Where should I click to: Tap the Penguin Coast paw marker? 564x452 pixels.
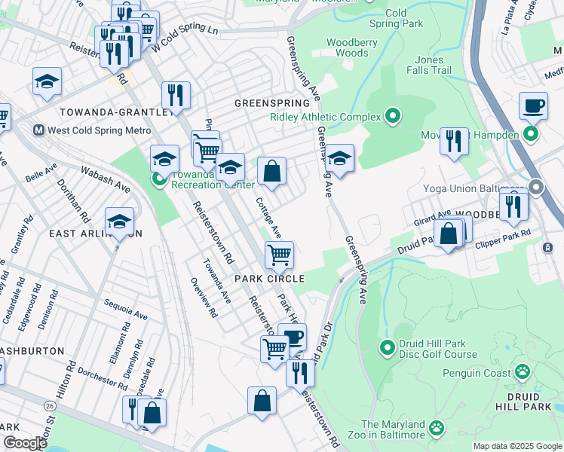click(522, 371)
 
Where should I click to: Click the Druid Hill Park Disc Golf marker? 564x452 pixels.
click(388, 348)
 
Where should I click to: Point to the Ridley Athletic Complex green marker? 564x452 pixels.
click(392, 116)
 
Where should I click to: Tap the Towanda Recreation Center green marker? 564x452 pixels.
click(159, 179)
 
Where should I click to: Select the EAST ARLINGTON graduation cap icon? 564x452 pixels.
click(119, 221)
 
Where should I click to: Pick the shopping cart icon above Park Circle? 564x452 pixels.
click(279, 255)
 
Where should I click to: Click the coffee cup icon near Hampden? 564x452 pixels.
click(533, 105)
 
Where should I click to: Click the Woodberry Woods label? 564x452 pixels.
click(347, 48)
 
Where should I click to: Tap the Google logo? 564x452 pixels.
click(25, 443)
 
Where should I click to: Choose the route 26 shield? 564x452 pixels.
click(50, 405)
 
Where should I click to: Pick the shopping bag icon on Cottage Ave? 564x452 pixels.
click(271, 171)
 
